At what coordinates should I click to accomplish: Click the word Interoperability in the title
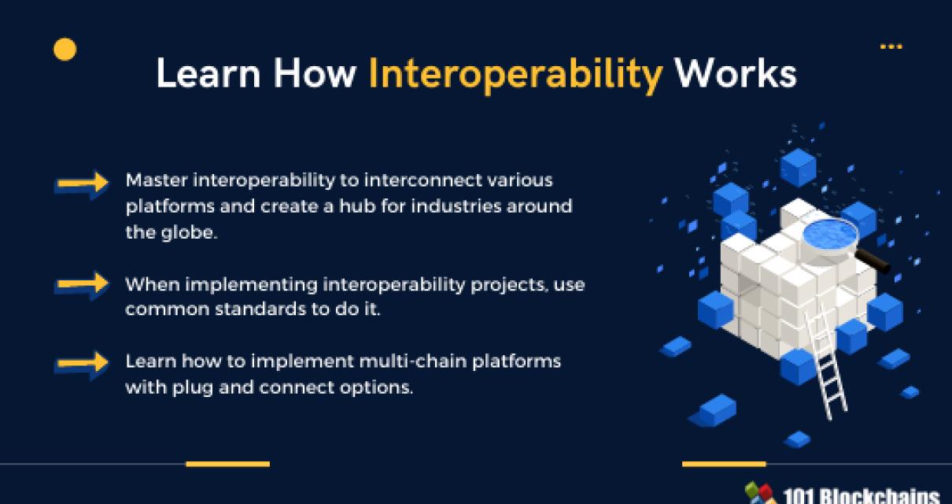(515, 75)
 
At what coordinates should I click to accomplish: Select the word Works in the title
(735, 74)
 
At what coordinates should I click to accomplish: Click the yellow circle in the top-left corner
(65, 50)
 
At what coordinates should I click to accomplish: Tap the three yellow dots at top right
(891, 47)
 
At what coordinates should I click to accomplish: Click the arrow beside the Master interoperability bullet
(82, 183)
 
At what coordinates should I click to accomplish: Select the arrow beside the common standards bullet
(82, 284)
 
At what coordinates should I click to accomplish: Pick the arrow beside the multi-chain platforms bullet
(82, 363)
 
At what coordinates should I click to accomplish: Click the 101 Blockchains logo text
(862, 496)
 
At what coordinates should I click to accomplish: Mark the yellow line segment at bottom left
(227, 464)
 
